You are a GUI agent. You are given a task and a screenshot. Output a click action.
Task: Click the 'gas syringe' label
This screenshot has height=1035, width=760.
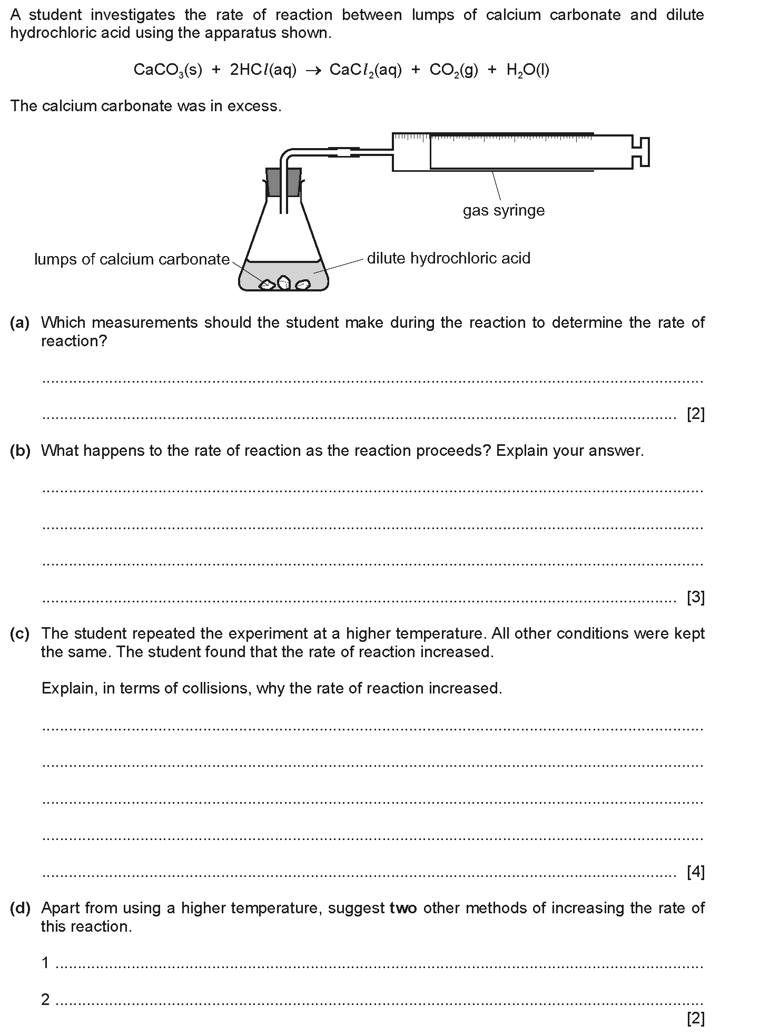[x=504, y=211]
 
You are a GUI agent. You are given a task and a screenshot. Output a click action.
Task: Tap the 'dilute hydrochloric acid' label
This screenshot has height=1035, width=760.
[x=448, y=258]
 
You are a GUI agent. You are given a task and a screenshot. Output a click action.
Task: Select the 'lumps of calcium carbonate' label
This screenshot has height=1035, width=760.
[x=132, y=259]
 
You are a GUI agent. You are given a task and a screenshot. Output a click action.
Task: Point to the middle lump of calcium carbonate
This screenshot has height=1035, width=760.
[x=284, y=282]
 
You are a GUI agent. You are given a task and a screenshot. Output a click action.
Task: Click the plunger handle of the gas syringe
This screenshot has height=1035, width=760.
[x=643, y=152]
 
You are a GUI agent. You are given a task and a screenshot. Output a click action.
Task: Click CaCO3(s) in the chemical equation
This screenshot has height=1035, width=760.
[x=167, y=70]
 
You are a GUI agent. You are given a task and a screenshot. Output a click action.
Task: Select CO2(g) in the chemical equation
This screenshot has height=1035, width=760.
[x=453, y=70]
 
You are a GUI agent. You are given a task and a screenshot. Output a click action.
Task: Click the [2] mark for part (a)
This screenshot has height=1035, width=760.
[x=695, y=414]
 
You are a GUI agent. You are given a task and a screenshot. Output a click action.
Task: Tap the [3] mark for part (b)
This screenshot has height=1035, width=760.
[x=695, y=597]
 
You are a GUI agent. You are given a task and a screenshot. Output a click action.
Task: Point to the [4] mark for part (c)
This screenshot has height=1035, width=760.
[x=695, y=873]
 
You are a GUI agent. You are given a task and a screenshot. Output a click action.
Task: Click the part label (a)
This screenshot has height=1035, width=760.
[x=20, y=323]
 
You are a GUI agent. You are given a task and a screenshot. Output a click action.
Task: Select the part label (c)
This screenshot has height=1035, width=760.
[x=20, y=633]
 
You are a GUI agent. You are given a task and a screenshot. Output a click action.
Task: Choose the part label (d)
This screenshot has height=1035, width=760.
[x=20, y=908]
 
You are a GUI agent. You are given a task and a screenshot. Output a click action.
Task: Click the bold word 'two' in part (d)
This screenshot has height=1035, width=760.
[x=403, y=908]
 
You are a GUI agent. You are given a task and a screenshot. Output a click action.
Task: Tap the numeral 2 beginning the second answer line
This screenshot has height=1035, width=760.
[x=46, y=999]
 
